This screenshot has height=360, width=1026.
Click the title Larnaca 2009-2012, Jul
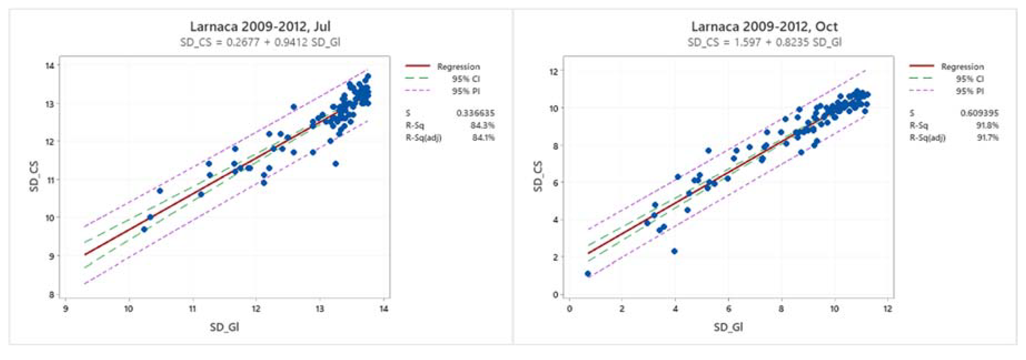pyautogui.click(x=260, y=27)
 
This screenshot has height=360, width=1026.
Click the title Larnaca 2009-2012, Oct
pyautogui.click(x=764, y=27)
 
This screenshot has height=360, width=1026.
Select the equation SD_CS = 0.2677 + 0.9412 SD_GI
pyautogui.click(x=260, y=42)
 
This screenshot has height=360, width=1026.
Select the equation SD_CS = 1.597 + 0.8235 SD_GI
pyautogui.click(x=764, y=42)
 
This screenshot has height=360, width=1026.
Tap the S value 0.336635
pyautogui.click(x=475, y=113)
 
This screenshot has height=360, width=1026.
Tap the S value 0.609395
pyautogui.click(x=979, y=113)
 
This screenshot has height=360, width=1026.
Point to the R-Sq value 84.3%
pyautogui.click(x=482, y=125)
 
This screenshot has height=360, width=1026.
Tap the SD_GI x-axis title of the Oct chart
pyautogui.click(x=728, y=327)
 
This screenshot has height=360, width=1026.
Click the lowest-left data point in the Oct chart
pyautogui.click(x=588, y=274)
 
